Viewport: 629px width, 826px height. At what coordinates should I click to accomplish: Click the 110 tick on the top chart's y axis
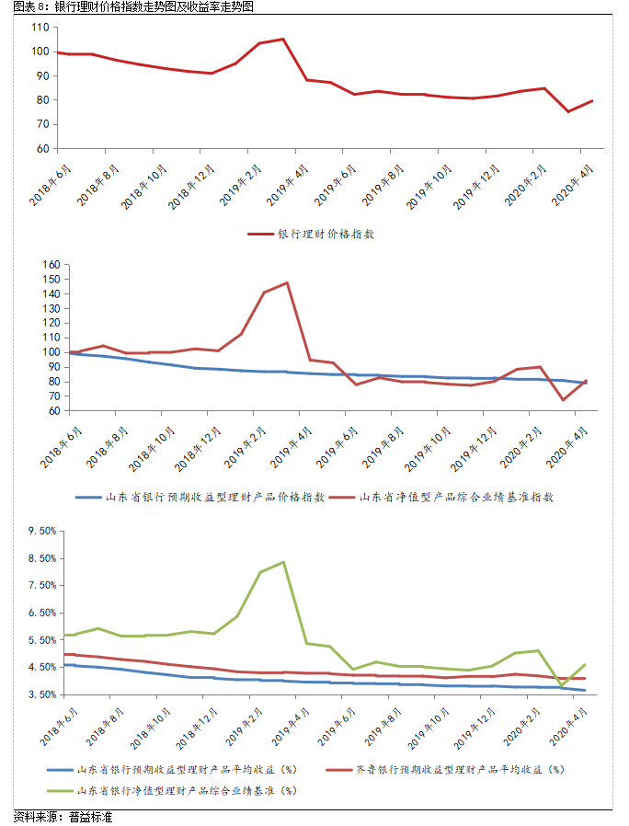coord(40,28)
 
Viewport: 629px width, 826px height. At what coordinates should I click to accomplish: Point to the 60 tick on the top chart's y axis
coord(42,148)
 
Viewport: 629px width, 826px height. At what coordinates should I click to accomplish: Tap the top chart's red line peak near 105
coord(282,40)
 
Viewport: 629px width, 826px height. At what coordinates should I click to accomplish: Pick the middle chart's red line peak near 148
coord(287,282)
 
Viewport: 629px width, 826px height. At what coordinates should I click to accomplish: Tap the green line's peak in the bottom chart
coord(282,562)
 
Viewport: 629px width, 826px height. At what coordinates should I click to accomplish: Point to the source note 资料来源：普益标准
coord(63,817)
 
